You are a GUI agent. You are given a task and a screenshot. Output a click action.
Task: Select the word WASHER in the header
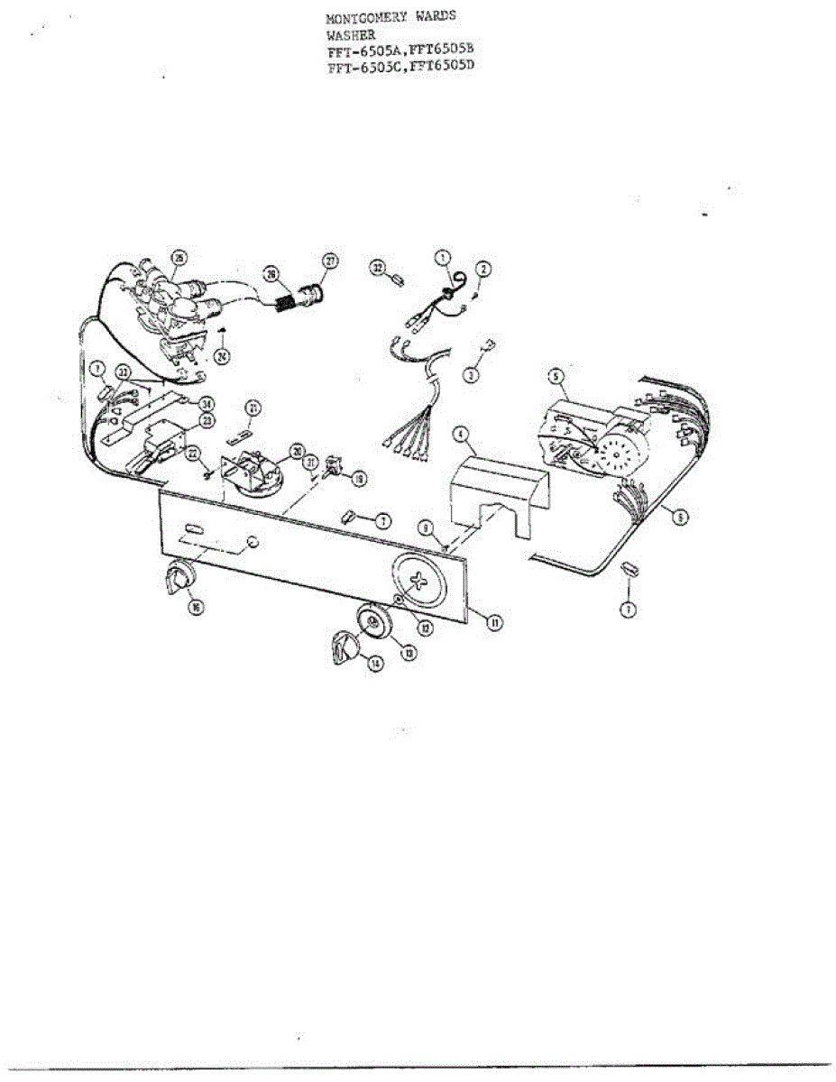click(345, 35)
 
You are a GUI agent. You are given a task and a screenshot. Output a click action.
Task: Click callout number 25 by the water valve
click(179, 259)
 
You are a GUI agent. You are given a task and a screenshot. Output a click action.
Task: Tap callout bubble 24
click(222, 355)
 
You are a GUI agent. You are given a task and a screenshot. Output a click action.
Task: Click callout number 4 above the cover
click(463, 435)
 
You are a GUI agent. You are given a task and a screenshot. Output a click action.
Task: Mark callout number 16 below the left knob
click(196, 607)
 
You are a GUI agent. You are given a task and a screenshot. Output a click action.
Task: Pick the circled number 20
click(295, 450)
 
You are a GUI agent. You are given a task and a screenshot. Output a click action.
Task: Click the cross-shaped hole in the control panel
click(420, 582)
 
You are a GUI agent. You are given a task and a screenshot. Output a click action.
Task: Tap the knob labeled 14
click(344, 646)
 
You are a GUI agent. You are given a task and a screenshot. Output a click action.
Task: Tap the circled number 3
click(471, 375)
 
